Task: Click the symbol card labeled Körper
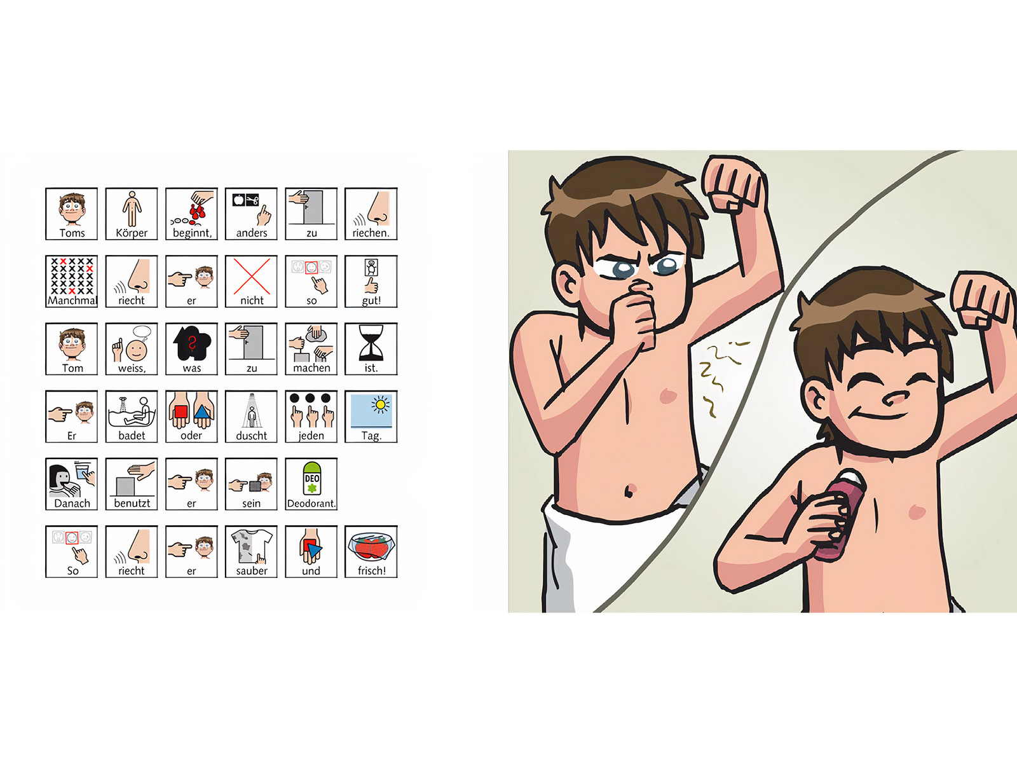point(132,214)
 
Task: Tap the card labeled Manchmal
point(71,281)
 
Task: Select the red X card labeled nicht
point(251,281)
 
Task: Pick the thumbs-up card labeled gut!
point(371,281)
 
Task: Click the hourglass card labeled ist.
point(371,349)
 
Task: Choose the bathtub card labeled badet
point(132,416)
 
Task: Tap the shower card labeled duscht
point(251,416)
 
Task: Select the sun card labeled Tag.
point(371,416)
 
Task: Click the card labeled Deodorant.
point(311,484)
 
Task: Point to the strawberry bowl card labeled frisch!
point(371,552)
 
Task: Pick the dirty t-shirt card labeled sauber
point(251,552)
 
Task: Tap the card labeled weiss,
point(132,349)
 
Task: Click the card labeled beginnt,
point(191,214)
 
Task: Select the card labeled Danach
point(71,484)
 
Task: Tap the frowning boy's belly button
point(629,491)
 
